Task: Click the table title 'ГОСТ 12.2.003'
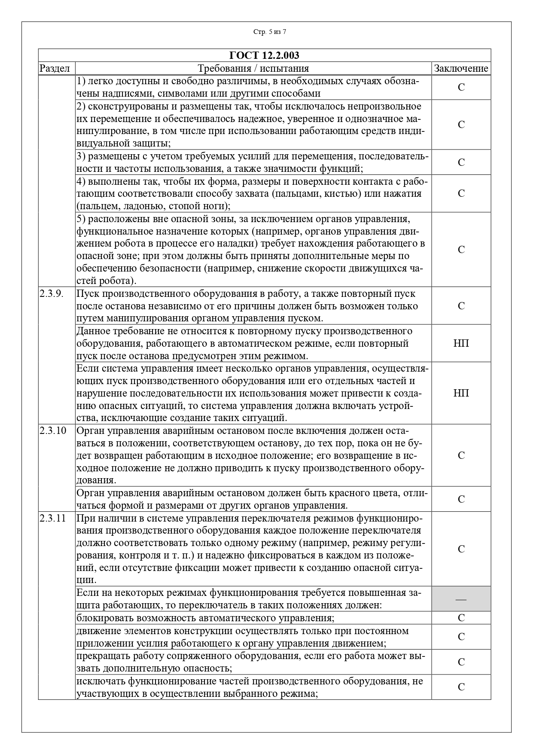(264, 55)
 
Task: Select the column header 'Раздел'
(55, 68)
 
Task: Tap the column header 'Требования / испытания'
(253, 68)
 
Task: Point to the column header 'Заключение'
(461, 68)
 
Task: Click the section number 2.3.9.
(52, 294)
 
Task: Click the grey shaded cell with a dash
(461, 598)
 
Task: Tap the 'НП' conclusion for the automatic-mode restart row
(461, 343)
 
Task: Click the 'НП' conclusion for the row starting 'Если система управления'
(461, 393)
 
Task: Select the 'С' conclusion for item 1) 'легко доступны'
(461, 87)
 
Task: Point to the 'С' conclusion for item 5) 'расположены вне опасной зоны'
(461, 250)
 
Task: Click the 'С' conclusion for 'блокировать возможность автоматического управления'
(461, 618)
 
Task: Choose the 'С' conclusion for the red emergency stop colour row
(461, 499)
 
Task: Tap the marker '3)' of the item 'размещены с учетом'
(81, 156)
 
